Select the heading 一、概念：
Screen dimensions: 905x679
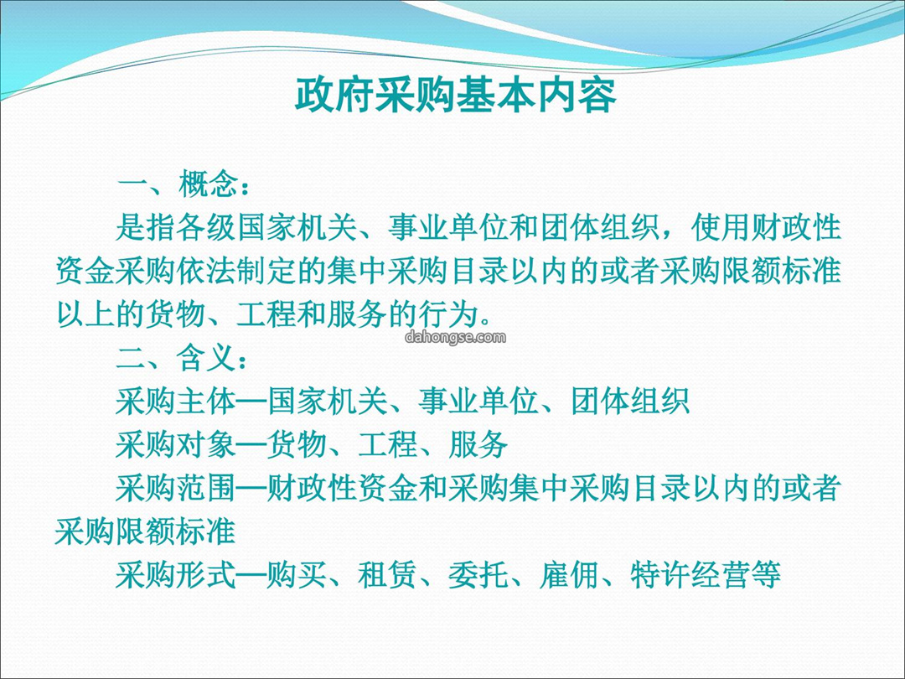(184, 184)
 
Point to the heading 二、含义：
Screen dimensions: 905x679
(184, 358)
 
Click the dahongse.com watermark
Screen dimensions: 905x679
(455, 337)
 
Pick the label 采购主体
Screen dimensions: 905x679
(175, 401)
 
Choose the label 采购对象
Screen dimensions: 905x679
(175, 444)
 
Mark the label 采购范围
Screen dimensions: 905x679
(175, 488)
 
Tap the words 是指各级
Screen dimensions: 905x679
(175, 227)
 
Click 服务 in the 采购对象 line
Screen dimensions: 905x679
(478, 444)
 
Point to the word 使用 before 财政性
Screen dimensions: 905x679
(721, 227)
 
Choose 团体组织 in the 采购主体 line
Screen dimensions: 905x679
(629, 401)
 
